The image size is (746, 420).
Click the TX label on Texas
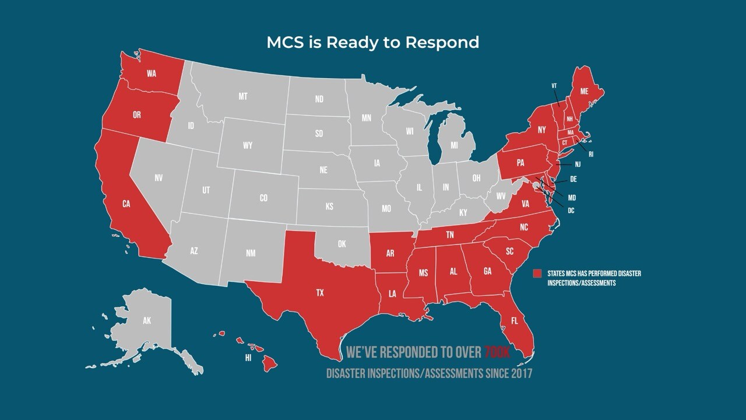tap(319, 293)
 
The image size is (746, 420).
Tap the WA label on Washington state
tap(152, 73)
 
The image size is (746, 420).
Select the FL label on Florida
tap(514, 321)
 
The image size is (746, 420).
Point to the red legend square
tap(537, 274)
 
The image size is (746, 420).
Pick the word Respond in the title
tap(445, 43)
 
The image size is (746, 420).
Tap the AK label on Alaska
tap(147, 320)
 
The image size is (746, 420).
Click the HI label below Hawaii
tap(248, 358)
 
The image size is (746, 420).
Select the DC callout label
tap(571, 210)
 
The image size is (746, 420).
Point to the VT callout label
tap(554, 86)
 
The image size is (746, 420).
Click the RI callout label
tap(590, 155)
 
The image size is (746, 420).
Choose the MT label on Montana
tap(243, 96)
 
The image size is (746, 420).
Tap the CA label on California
tap(126, 204)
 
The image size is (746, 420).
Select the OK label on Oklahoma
tap(342, 244)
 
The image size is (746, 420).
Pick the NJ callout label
tap(577, 164)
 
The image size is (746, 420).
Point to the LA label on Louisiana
tap(392, 294)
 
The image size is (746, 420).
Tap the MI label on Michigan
tap(454, 144)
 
